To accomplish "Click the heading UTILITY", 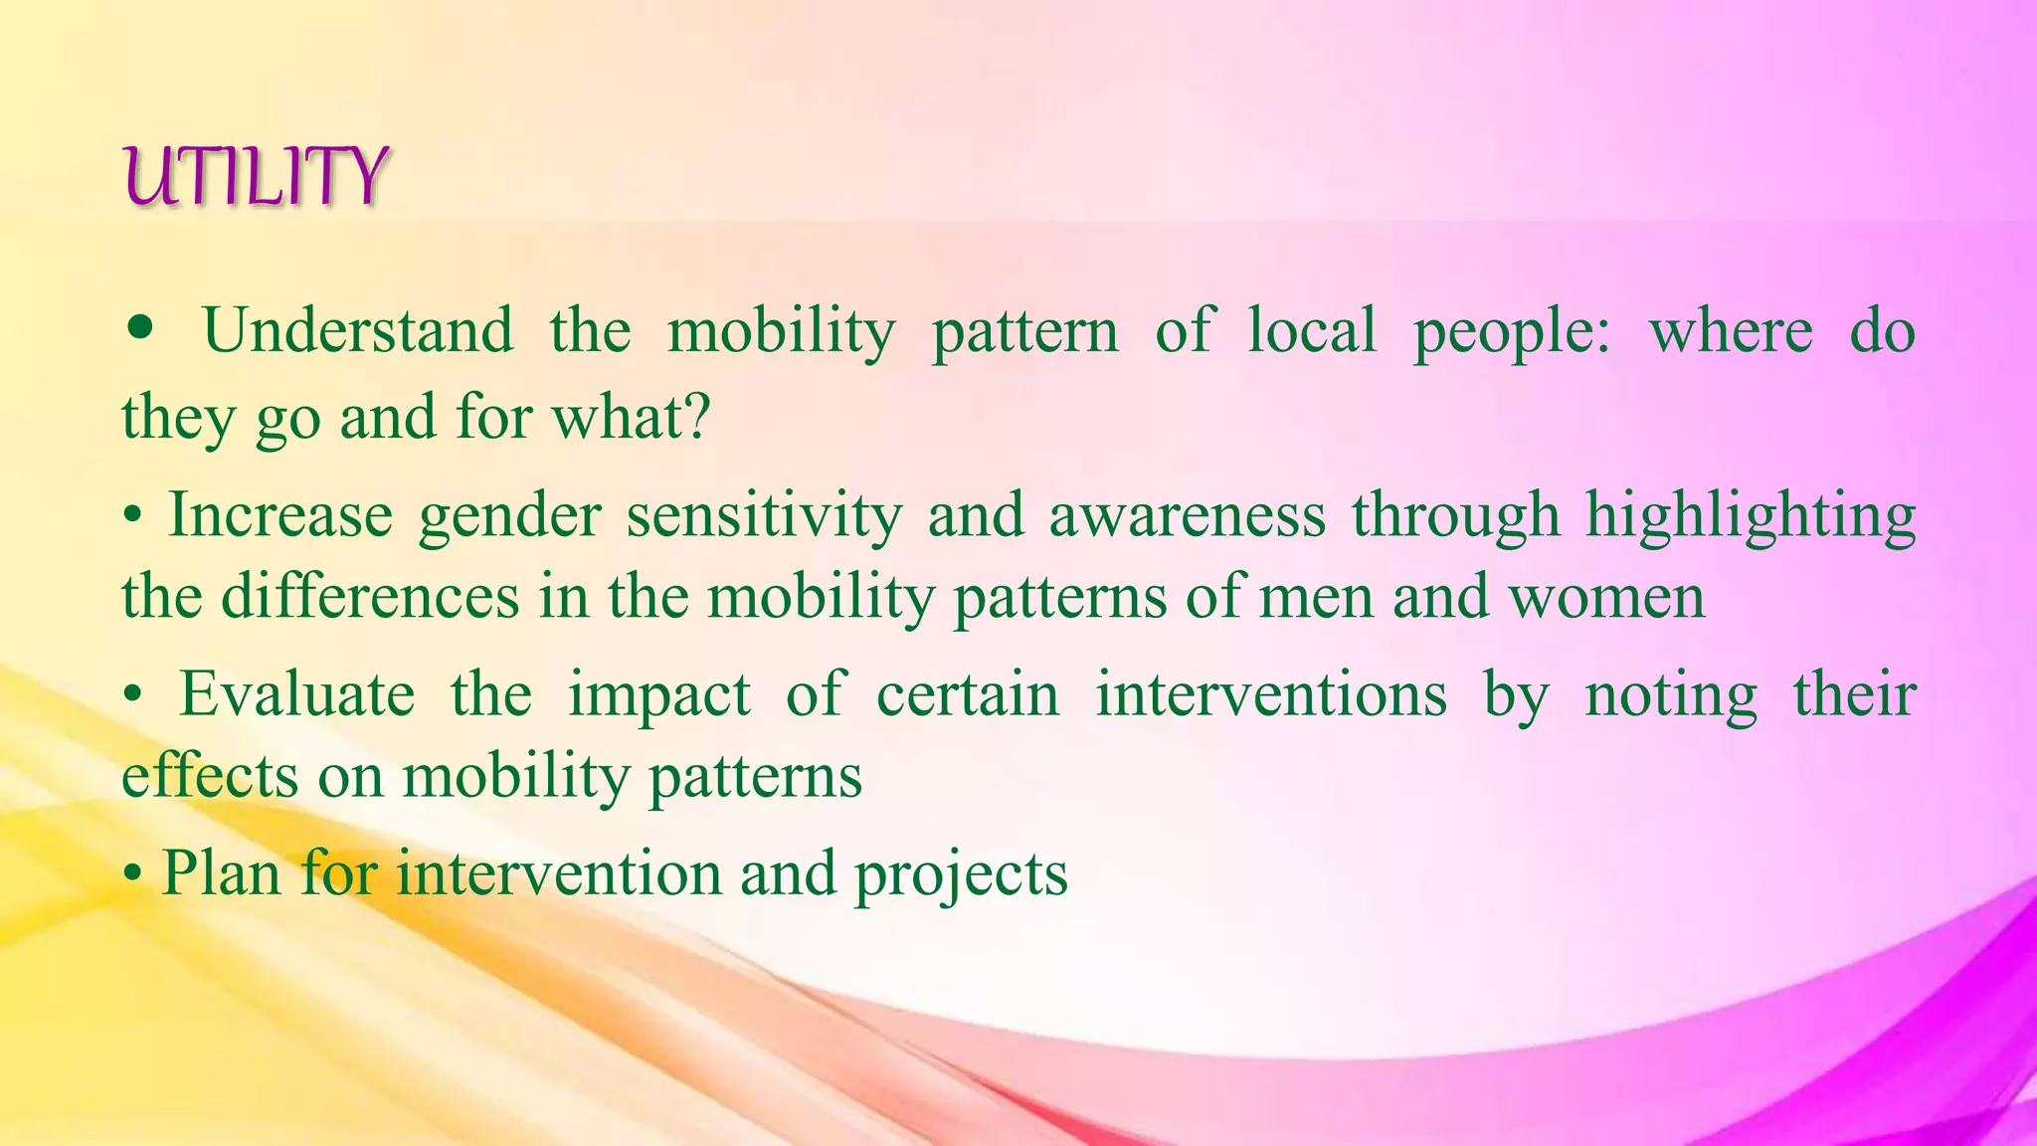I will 256,177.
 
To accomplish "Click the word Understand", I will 358,331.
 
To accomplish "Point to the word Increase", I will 280,515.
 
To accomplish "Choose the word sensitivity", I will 764,517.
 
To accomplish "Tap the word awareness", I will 1188,515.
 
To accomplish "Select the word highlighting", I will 1750,517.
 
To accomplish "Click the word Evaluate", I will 296,694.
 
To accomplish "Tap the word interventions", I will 1271,694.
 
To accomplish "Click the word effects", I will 209,775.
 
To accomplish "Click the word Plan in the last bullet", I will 221,873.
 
